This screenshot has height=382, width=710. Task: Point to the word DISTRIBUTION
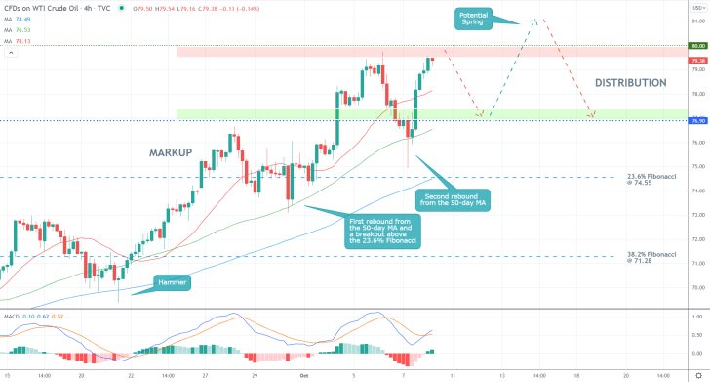(x=630, y=83)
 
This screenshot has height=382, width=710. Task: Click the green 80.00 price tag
(x=696, y=45)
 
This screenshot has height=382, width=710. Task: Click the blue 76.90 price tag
(x=696, y=121)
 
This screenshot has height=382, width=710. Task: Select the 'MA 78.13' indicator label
(x=24, y=41)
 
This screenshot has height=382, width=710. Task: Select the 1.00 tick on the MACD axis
(x=695, y=318)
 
